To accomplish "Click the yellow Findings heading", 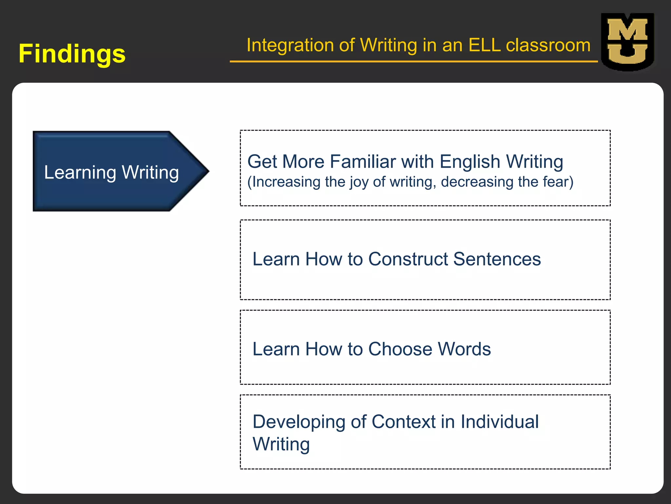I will [72, 53].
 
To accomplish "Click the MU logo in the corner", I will [627, 42].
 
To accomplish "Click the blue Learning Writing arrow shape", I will [111, 171].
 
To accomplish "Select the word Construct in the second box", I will [408, 259].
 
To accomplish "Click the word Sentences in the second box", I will [497, 259].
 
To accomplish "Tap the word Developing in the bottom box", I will [299, 422].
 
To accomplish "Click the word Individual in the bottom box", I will [499, 422].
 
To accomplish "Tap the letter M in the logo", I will [627, 30].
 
